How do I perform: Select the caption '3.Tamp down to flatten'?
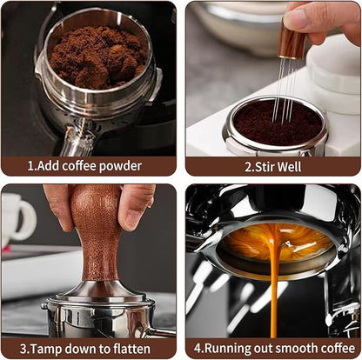(88, 349)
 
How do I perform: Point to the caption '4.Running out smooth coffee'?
(273, 349)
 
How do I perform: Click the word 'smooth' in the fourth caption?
(295, 349)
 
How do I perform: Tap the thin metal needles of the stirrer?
(284, 96)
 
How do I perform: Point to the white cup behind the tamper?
(17, 217)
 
